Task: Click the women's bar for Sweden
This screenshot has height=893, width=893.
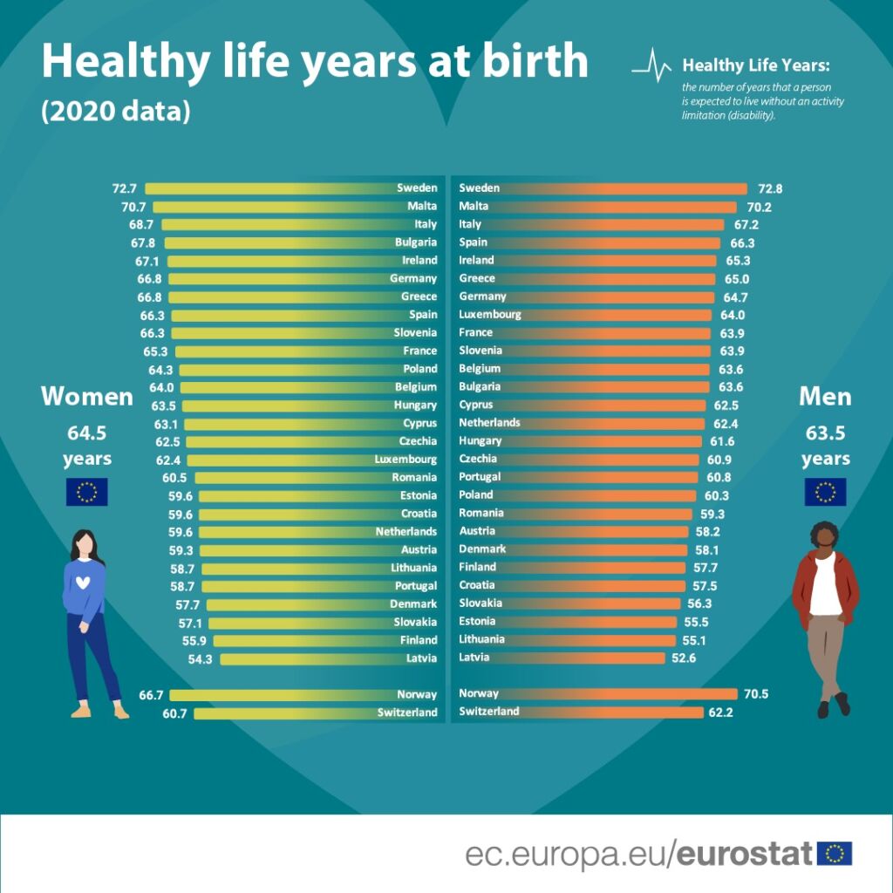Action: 270,188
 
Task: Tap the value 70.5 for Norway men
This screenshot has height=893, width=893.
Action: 755,694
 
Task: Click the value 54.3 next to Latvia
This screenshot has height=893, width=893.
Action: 201,659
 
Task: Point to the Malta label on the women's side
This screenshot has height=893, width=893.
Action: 422,207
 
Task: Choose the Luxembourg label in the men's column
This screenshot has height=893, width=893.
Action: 490,314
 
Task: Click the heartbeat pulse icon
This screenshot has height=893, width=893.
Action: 651,66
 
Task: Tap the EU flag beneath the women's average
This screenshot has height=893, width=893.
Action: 87,492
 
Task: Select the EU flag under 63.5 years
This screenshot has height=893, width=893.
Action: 825,492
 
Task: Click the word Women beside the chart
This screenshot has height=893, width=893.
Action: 87,397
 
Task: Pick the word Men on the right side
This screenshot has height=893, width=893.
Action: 825,397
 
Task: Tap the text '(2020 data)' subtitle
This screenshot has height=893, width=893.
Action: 115,112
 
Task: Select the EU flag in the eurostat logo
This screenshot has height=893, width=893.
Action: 835,854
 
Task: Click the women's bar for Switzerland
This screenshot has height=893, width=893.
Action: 288,713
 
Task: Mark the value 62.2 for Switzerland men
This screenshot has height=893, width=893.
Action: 723,712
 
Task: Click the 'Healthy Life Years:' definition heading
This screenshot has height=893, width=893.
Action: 755,65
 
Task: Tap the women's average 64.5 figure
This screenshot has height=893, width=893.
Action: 86,433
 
